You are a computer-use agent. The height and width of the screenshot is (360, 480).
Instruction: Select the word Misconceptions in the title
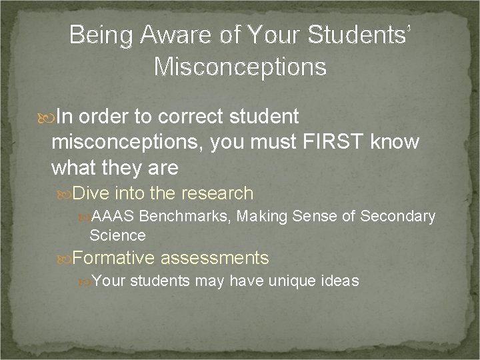(240, 67)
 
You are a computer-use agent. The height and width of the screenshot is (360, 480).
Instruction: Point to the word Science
(117, 235)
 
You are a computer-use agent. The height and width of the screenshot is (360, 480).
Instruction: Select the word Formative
(113, 257)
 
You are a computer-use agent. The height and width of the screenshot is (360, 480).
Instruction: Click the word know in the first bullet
(400, 142)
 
